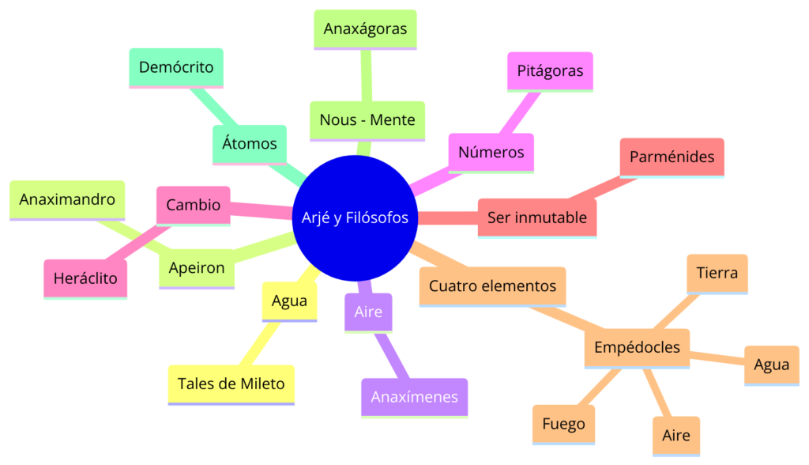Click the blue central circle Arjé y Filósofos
(355, 217)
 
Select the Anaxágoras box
(365, 29)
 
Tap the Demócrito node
(176, 67)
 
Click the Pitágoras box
(550, 71)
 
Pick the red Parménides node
(672, 157)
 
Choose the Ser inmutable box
(537, 217)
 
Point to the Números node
(491, 152)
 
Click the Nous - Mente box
(367, 120)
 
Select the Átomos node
(250, 144)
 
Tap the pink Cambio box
(194, 205)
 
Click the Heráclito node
(85, 278)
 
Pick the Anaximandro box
(67, 199)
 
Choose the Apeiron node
(197, 268)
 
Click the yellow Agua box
(289, 301)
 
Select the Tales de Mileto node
(231, 384)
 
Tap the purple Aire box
(368, 312)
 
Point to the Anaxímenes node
(414, 397)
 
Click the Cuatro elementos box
(492, 285)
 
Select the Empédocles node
(637, 347)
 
